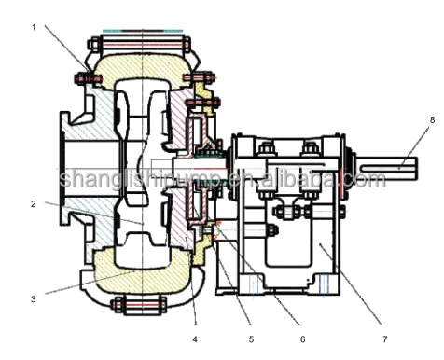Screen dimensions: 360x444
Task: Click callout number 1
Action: tap(34, 28)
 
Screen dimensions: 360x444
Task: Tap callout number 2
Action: tap(34, 202)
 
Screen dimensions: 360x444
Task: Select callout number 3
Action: tap(34, 298)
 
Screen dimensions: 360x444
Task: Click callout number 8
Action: tap(432, 120)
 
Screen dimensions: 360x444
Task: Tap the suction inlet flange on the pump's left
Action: tap(69, 177)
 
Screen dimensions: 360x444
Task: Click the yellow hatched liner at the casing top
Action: tap(140, 67)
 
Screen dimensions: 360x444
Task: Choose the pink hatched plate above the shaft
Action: tap(176, 121)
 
